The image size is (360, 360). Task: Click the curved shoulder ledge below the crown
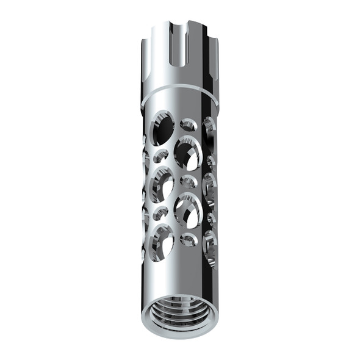(180, 91)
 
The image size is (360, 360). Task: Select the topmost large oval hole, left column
(163, 127)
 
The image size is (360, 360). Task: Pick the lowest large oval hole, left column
(163, 240)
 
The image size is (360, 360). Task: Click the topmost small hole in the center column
(189, 125)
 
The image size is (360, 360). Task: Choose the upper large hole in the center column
(187, 153)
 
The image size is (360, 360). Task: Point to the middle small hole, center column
(189, 182)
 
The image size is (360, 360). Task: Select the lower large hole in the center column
(187, 211)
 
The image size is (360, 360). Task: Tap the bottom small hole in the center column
(189, 239)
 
